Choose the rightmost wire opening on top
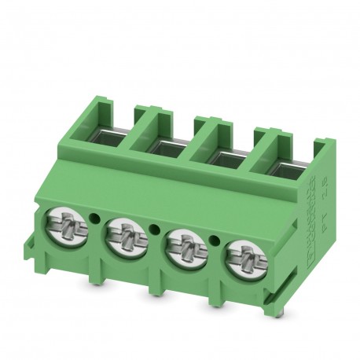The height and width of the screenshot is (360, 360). [281, 165]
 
